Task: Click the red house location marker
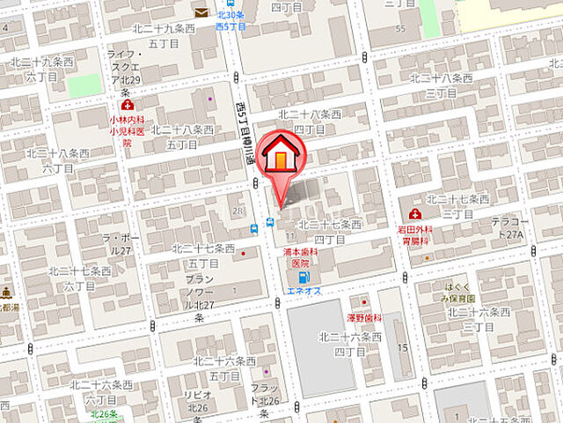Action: click(x=280, y=157)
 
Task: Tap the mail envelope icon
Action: click(x=201, y=12)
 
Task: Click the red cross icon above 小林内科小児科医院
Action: click(x=127, y=105)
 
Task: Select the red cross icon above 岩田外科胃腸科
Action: click(x=415, y=214)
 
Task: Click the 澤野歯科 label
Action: click(x=362, y=316)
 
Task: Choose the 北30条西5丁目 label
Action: click(x=230, y=19)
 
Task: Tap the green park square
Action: click(x=85, y=85)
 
